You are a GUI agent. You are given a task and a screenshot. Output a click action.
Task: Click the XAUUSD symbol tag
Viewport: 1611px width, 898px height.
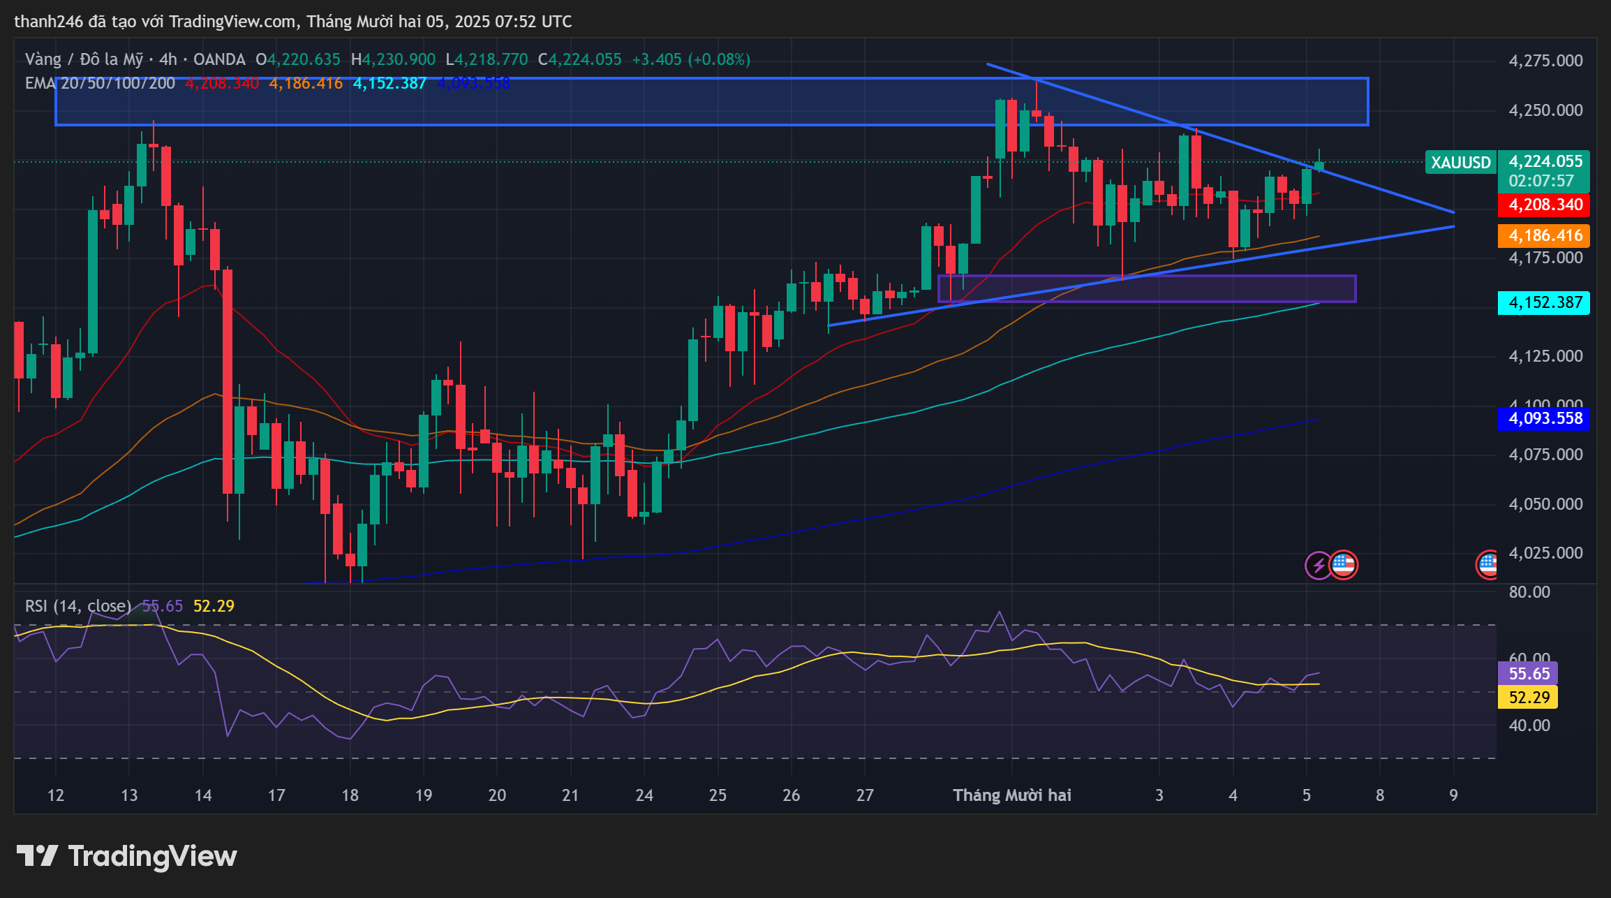(1460, 163)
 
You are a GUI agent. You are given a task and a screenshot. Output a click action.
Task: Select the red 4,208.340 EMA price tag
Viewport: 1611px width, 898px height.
(1545, 205)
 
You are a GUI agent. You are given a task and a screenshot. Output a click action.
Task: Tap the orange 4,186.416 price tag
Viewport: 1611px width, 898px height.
(1545, 236)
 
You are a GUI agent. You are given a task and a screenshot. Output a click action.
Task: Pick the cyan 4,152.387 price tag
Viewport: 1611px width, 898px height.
(1545, 303)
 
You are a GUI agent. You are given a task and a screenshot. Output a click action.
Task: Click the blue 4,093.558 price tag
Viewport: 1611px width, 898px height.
(1545, 419)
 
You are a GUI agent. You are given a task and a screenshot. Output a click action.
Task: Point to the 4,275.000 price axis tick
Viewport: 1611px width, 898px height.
(1545, 61)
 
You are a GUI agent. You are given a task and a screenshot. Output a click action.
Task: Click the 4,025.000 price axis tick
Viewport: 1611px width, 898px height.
(1545, 553)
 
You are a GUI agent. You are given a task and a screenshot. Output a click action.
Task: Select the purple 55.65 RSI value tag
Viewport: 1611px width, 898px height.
(1529, 674)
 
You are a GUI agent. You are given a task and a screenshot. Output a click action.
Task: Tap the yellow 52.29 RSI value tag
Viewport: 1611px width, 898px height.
(1529, 698)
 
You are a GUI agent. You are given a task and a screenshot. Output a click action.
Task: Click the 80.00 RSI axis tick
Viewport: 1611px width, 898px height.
(1529, 592)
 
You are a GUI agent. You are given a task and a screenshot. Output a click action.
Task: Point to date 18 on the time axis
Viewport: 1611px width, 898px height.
(350, 795)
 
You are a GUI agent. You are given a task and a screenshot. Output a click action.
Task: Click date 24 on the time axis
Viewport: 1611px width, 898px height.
(644, 795)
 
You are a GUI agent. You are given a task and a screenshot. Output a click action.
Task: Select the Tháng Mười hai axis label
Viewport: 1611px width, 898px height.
(1012, 795)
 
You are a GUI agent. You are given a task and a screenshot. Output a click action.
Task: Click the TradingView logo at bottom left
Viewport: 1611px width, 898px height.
(126, 856)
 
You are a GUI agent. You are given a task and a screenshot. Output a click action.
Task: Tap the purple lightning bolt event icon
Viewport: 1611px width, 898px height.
(1319, 565)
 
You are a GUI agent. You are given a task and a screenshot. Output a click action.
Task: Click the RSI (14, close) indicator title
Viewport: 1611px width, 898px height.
(78, 606)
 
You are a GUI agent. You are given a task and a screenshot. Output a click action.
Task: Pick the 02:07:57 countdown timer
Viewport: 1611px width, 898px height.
(1541, 182)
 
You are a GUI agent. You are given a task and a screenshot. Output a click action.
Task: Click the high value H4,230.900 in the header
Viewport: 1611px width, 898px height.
(393, 60)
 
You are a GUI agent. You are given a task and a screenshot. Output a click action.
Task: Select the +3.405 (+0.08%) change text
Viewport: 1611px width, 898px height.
(691, 60)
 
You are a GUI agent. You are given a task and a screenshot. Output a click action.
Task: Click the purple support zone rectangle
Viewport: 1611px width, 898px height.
(1147, 289)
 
